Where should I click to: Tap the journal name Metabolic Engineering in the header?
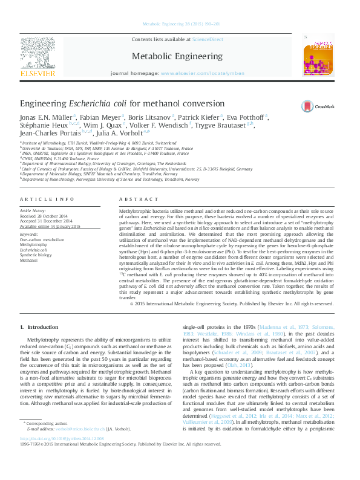(177, 56)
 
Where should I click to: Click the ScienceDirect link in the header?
(206, 40)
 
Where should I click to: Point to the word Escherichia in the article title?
(93, 104)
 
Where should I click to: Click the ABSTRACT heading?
(134, 199)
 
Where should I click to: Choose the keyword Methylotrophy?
(34, 244)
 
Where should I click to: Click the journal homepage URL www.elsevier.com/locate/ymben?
(202, 73)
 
